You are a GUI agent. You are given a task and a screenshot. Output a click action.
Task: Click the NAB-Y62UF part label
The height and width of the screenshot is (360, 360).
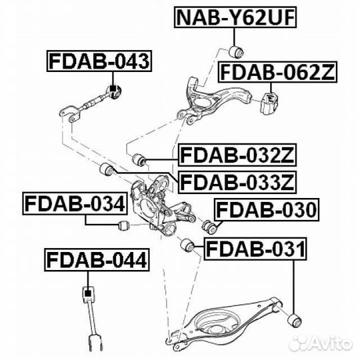[x=235, y=17]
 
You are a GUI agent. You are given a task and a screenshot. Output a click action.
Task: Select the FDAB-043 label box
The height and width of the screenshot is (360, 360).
[x=99, y=61]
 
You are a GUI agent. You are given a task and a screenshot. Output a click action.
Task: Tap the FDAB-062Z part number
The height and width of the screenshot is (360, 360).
[x=278, y=72]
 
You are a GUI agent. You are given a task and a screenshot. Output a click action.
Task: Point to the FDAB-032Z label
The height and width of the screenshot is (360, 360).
[x=237, y=155]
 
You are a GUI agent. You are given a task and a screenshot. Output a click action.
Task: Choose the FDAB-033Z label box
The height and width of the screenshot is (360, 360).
[x=237, y=182]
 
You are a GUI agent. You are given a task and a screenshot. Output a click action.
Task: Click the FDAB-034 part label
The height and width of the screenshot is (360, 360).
[x=75, y=203]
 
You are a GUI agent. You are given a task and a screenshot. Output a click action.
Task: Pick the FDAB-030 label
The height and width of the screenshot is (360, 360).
[x=266, y=209]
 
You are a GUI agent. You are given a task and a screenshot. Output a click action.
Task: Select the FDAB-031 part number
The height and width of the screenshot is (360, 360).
[x=255, y=249]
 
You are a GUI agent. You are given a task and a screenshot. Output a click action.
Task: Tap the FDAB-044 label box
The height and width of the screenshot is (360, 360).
[x=97, y=260]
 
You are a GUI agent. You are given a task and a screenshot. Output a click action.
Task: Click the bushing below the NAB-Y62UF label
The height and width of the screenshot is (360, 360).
[x=236, y=52]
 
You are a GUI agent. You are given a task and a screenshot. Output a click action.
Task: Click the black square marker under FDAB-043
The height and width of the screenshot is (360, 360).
[x=113, y=89]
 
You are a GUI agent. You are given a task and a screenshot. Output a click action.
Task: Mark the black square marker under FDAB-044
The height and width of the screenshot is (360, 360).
[x=87, y=293]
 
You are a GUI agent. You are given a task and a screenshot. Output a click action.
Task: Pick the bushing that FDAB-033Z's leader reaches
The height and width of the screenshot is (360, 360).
[x=107, y=169]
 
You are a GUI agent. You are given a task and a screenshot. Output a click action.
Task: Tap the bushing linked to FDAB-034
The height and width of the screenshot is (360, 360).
[x=124, y=225]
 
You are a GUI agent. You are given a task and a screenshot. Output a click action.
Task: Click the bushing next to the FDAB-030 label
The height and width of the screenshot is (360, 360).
[x=209, y=227]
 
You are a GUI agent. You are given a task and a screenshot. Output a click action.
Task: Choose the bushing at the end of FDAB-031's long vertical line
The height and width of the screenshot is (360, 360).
[x=295, y=320]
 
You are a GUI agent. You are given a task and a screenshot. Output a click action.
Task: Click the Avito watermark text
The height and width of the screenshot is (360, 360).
[x=330, y=344]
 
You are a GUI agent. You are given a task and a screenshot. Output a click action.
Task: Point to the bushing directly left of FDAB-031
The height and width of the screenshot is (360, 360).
[x=187, y=245]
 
